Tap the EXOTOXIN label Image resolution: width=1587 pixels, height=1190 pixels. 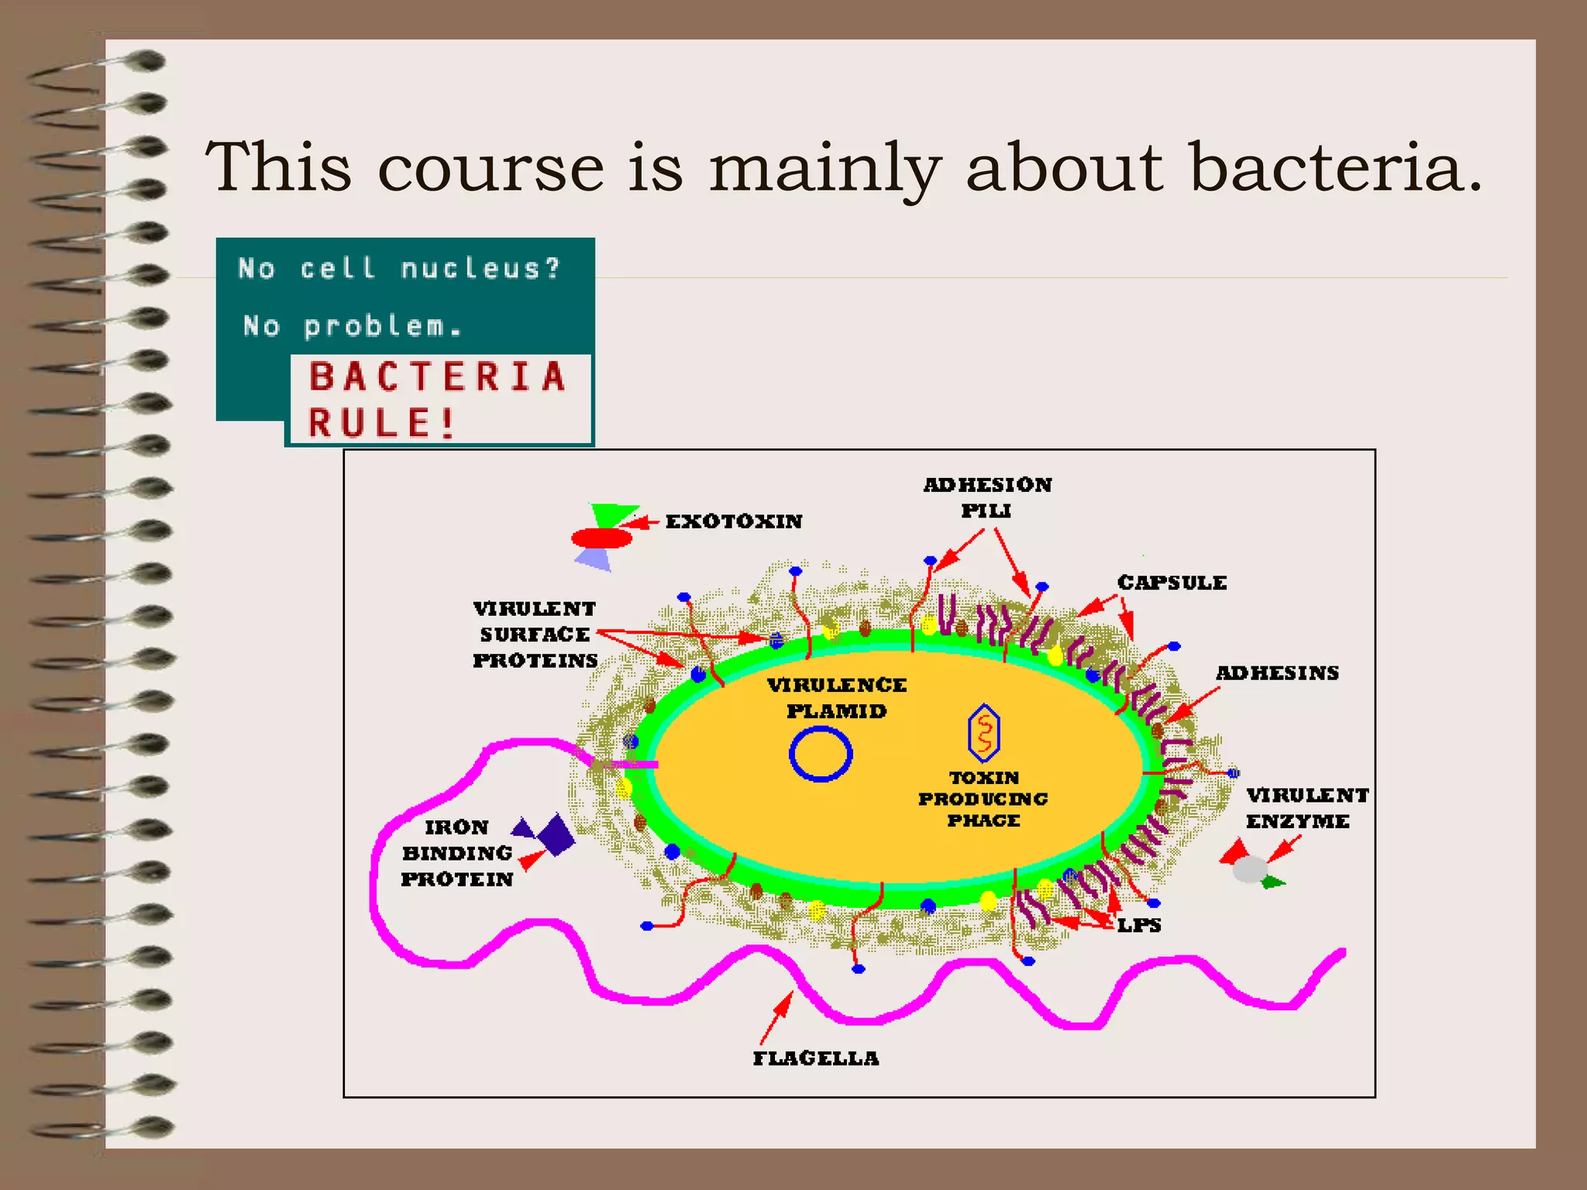pyautogui.click(x=733, y=521)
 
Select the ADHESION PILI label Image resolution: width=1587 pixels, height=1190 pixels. pyautogui.click(x=987, y=497)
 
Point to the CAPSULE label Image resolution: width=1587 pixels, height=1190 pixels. pyautogui.click(x=1172, y=583)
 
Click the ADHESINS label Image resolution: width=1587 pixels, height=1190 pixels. pyautogui.click(x=1277, y=673)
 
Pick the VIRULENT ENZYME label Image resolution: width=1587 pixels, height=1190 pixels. pyautogui.click(x=1306, y=808)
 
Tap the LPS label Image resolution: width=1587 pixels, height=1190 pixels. pyautogui.click(x=1138, y=925)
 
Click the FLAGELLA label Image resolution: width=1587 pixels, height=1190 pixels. pyautogui.click(x=816, y=1058)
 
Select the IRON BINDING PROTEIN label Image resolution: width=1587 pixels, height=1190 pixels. pyautogui.click(x=457, y=853)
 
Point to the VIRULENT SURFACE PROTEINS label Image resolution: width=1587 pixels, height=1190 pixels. pyautogui.click(x=535, y=635)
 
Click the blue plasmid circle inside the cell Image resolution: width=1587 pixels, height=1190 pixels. pyautogui.click(x=821, y=755)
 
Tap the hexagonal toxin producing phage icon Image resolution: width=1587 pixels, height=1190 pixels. pyautogui.click(x=983, y=732)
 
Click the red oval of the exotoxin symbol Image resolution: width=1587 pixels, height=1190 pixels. pyautogui.click(x=601, y=538)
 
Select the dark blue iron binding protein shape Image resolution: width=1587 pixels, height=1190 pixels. pyautogui.click(x=555, y=835)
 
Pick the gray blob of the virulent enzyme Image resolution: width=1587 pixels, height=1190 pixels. pyautogui.click(x=1249, y=869)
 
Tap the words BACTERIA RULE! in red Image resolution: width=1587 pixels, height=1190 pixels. pyautogui.click(x=438, y=400)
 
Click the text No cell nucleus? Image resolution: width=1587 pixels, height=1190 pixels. pyautogui.click(x=399, y=269)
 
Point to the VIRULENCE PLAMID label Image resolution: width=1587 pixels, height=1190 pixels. pyautogui.click(x=836, y=698)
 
